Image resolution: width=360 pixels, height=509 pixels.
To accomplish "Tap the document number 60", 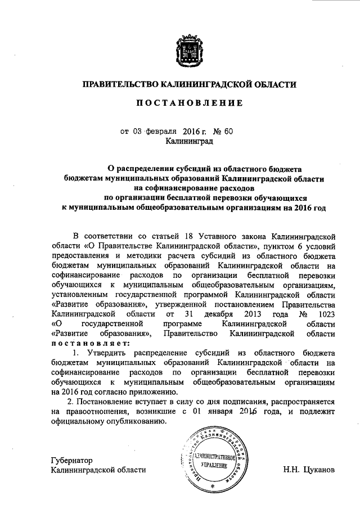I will pos(228,132).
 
